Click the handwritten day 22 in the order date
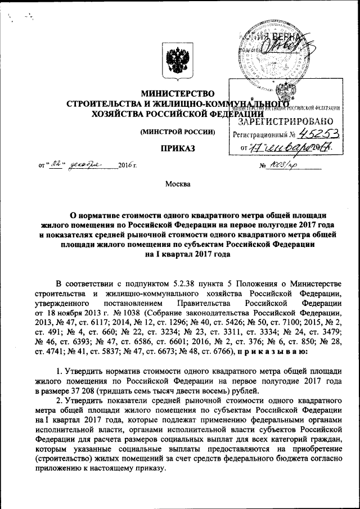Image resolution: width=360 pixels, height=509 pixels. (x=55, y=164)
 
